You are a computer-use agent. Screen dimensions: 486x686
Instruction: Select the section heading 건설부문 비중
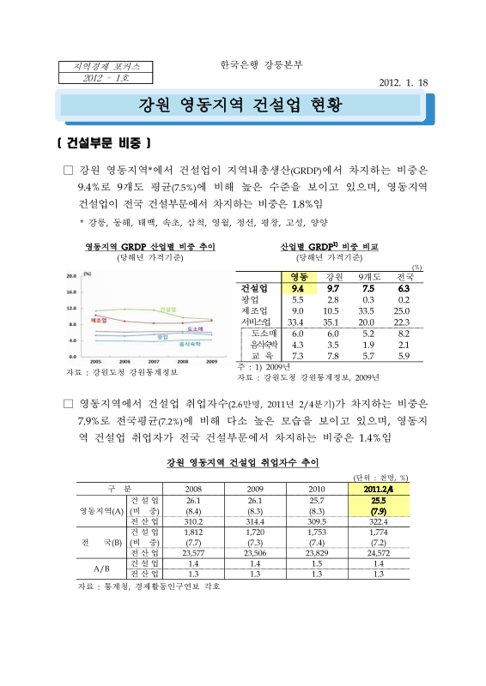(x=102, y=141)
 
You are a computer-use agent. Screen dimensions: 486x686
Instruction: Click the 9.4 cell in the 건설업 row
(x=299, y=288)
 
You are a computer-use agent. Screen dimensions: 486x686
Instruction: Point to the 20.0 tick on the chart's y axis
(x=73, y=276)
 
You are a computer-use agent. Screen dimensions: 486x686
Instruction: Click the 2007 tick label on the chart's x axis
(x=154, y=362)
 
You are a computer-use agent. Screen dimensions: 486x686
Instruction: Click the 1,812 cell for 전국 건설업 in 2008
(x=193, y=532)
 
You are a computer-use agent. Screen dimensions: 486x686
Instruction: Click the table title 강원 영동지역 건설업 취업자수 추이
(x=242, y=462)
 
